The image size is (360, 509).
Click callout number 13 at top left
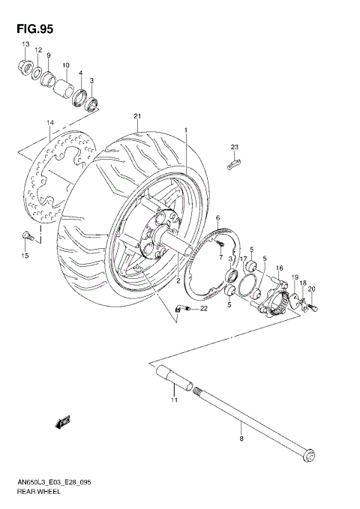coord(25,45)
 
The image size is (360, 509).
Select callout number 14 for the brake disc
coord(51,122)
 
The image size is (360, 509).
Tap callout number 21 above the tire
coord(137,115)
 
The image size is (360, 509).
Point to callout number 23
coord(234,146)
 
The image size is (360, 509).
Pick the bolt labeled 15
coord(27,236)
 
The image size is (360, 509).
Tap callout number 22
coord(202,308)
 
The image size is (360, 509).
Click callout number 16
coord(279,268)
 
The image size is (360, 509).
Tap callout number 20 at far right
coord(311,289)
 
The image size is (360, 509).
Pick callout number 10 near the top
coord(66,66)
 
